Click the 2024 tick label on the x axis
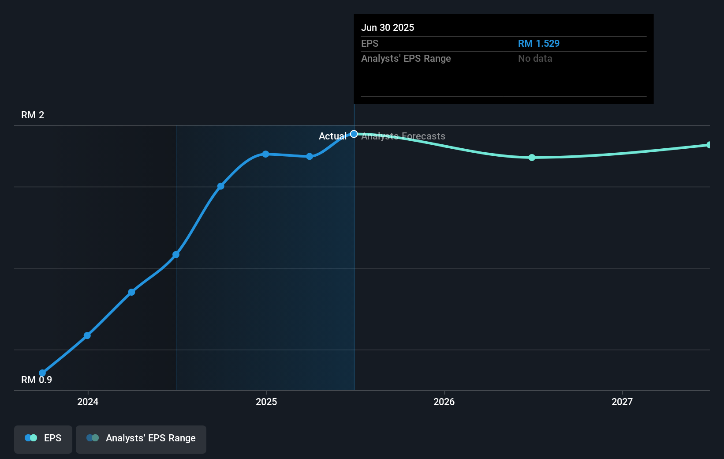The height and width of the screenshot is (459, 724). (x=88, y=402)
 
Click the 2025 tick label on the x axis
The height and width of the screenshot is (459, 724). (x=266, y=402)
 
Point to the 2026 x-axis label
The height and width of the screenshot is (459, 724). (x=444, y=402)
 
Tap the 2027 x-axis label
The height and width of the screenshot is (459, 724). (x=622, y=402)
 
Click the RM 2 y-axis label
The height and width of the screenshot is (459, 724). (x=33, y=115)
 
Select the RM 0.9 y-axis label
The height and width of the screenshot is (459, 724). (x=37, y=380)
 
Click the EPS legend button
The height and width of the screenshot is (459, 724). (x=43, y=439)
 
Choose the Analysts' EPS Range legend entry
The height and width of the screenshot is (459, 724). (x=141, y=439)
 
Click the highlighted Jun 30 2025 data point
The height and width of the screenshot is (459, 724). (x=354, y=134)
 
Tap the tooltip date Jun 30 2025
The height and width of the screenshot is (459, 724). (x=388, y=27)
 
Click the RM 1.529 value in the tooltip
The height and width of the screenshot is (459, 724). (x=538, y=43)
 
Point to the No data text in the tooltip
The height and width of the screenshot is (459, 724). (x=535, y=58)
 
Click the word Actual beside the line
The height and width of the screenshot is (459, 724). (x=332, y=136)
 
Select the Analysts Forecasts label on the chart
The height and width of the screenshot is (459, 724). (x=403, y=136)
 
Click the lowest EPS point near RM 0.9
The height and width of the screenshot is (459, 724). (x=42, y=373)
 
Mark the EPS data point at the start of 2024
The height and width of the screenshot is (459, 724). (x=87, y=335)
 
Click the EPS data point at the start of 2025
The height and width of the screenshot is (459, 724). (x=265, y=154)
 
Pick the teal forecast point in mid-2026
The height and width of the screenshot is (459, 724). (x=532, y=158)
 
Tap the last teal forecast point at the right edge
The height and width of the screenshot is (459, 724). (x=709, y=145)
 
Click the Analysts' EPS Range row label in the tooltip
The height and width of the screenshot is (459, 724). (x=406, y=58)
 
